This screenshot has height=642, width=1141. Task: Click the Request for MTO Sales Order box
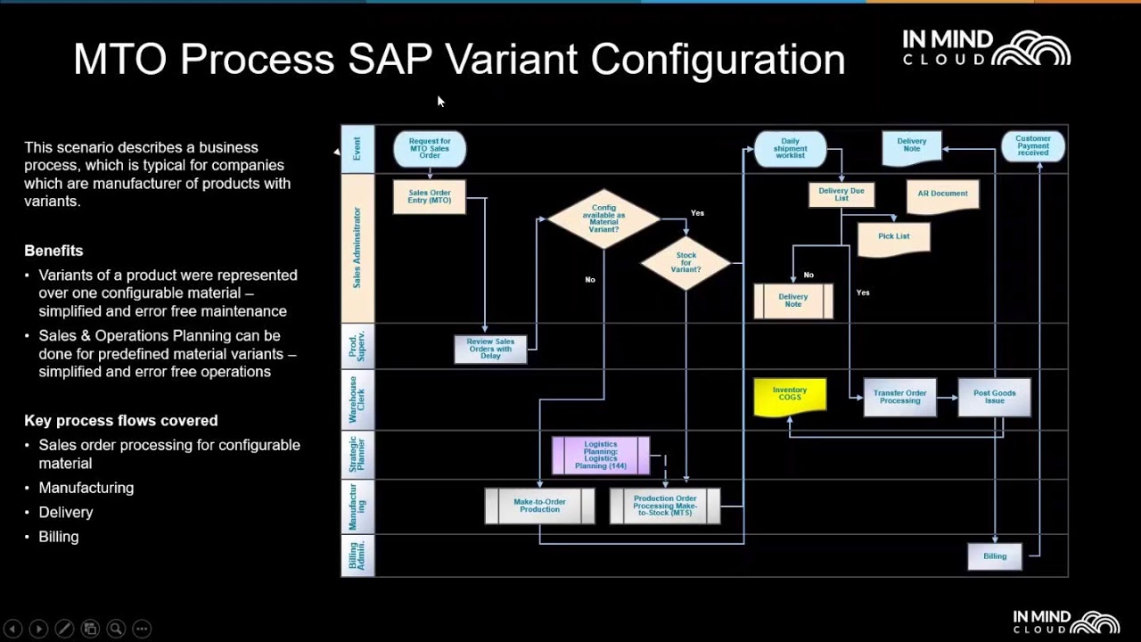click(x=430, y=149)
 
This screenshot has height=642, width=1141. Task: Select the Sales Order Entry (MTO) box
click(x=430, y=197)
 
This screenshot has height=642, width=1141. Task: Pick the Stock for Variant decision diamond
click(x=685, y=263)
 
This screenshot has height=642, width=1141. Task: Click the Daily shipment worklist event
click(x=790, y=149)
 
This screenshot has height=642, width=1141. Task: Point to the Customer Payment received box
click(x=1032, y=146)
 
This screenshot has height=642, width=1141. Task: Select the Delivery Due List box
click(x=841, y=194)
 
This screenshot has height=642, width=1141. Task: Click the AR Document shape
click(x=942, y=195)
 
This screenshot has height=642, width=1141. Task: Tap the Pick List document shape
click(x=893, y=237)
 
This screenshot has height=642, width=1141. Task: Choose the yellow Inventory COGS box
click(x=789, y=395)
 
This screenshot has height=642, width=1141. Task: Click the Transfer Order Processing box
click(x=899, y=398)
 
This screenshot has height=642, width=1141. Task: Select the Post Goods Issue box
click(x=994, y=398)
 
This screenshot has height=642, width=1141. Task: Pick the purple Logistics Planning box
click(x=601, y=455)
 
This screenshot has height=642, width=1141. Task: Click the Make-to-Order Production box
click(x=539, y=506)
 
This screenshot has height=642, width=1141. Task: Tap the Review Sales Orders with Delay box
click(x=490, y=349)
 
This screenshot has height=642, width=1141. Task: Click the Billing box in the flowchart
click(x=994, y=556)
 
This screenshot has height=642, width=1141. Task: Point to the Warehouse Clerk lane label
click(x=357, y=399)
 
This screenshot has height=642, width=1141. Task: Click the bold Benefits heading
click(x=53, y=251)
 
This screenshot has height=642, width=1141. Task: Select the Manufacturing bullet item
click(x=86, y=488)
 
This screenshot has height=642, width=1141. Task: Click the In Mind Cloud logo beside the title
click(x=986, y=48)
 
